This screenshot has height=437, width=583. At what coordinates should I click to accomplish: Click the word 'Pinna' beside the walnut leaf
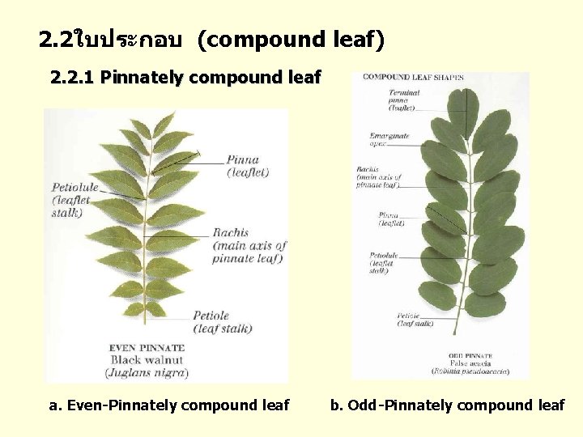pyautogui.click(x=243, y=160)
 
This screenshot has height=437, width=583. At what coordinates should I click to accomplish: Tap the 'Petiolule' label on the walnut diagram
pyautogui.click(x=75, y=187)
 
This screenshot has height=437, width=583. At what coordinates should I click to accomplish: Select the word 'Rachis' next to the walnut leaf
pyautogui.click(x=231, y=233)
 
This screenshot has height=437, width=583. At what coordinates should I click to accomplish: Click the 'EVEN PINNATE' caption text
pyautogui.click(x=147, y=348)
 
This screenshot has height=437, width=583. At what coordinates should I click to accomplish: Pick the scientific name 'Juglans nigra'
pyautogui.click(x=147, y=372)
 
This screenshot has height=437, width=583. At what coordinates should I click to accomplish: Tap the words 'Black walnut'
pyautogui.click(x=147, y=360)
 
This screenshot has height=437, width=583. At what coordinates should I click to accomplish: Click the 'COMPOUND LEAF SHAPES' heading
pyautogui.click(x=413, y=78)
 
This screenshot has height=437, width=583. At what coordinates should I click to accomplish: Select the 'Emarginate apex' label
pyautogui.click(x=389, y=140)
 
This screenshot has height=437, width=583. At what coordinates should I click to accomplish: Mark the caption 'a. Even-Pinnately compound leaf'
pyautogui.click(x=168, y=405)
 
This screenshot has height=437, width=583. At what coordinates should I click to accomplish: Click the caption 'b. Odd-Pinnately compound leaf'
pyautogui.click(x=447, y=405)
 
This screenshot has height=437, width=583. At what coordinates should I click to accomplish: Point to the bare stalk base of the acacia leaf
pyautogui.click(x=455, y=324)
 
